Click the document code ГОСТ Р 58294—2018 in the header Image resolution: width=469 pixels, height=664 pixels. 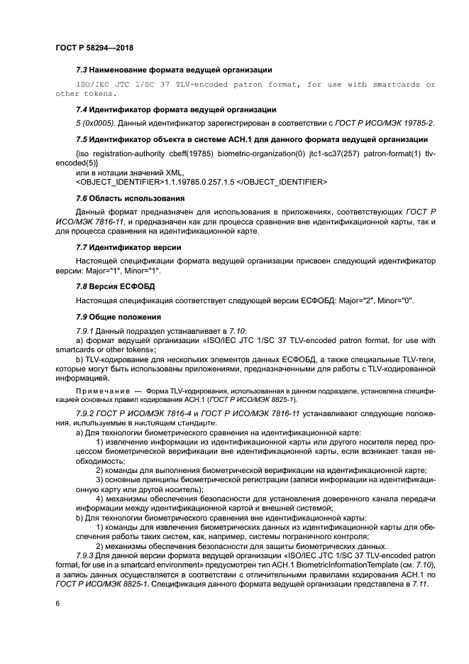[94, 48]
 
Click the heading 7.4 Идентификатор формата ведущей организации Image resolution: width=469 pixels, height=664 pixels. [176, 109]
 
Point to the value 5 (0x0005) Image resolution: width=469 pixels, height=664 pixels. [95, 123]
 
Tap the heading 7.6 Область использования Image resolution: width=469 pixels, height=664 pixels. [125, 197]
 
